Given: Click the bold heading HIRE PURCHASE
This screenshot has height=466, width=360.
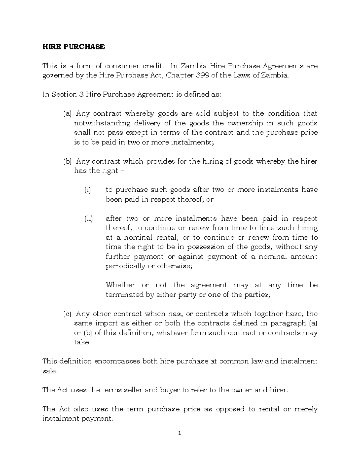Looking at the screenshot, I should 73,47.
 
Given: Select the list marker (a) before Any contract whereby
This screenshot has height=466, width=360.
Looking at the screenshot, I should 67,113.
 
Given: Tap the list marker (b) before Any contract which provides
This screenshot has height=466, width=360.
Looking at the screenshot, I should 67,161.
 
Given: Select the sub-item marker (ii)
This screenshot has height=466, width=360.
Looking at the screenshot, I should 88,218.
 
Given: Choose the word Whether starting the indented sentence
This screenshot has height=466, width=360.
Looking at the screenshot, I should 121,285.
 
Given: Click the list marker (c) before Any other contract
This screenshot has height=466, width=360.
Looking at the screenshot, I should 67,314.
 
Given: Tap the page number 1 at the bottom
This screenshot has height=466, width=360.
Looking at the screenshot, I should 180,433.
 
